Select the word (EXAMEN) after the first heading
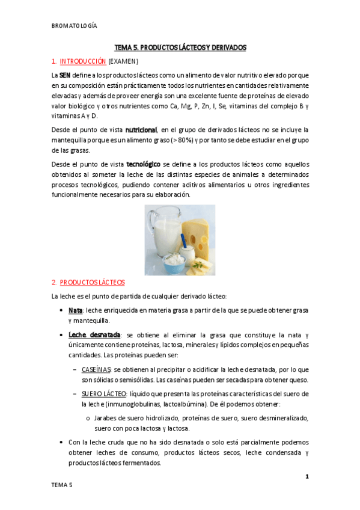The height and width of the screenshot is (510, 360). pos(123,61)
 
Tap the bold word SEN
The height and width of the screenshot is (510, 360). pos(64,75)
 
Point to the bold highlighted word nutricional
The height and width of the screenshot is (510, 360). pos(141,130)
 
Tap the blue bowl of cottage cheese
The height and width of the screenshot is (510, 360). pos(174,263)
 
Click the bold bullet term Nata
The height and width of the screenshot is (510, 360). pos(75,310)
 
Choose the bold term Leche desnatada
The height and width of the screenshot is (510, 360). pos(94,334)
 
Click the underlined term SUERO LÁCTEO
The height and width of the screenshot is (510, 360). pos(103,393)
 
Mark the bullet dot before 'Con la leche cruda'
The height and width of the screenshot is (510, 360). pos(63,442)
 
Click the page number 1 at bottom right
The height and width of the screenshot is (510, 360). pos(307,477)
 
